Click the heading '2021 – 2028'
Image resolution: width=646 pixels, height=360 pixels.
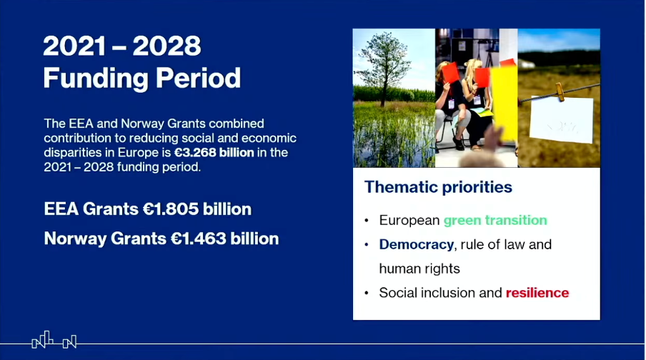tap(121, 47)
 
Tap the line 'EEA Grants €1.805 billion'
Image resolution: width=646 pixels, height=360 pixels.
tap(147, 209)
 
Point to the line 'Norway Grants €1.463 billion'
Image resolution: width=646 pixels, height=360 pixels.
tap(161, 239)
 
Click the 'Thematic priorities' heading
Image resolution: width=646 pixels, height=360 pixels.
tap(438, 187)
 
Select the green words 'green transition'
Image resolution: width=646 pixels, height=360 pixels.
tap(495, 220)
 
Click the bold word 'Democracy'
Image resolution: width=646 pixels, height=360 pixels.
tap(416, 244)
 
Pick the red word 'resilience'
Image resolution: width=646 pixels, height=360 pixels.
tap(537, 293)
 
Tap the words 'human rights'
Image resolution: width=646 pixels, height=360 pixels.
tap(419, 269)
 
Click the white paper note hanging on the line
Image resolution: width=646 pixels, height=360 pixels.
tap(560, 120)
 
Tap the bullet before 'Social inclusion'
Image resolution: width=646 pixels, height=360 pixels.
tap(367, 294)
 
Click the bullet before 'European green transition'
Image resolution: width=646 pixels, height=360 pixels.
tap(367, 221)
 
